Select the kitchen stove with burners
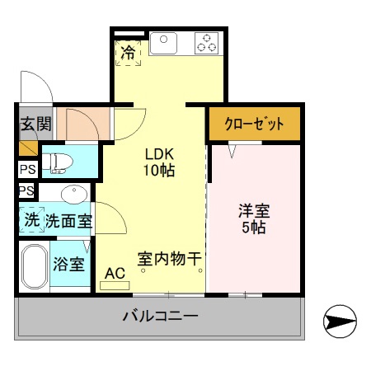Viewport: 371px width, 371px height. point(206,42)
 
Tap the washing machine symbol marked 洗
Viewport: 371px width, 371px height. point(31,220)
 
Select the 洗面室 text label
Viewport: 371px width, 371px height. point(68,221)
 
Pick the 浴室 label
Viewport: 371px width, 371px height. point(68,265)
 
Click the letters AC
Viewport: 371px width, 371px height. point(115,273)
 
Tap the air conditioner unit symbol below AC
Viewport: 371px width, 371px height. point(115,286)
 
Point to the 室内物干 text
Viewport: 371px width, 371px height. point(169,259)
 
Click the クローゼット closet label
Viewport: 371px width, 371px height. point(254,124)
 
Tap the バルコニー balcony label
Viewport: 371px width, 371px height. point(160,316)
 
